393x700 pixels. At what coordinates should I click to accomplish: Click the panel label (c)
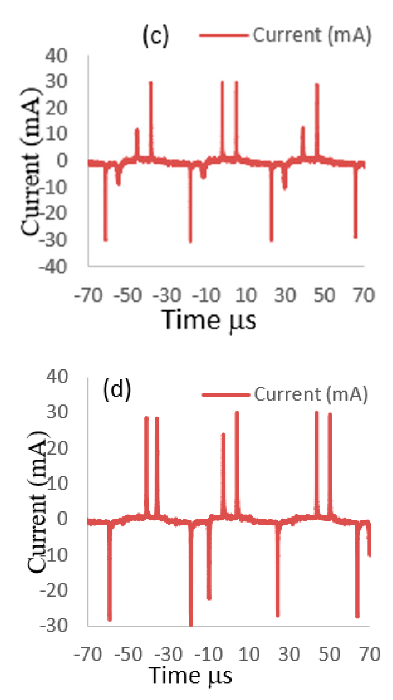pos(156,36)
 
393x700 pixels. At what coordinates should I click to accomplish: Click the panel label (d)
pos(117,389)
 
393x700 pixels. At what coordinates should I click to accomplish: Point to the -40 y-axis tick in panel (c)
pos(53,267)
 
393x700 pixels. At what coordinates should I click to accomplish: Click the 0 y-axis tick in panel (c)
pos(62,160)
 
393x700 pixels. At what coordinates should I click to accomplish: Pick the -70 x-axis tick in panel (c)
pos(88,295)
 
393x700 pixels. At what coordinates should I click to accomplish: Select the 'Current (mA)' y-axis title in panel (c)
pos(30,162)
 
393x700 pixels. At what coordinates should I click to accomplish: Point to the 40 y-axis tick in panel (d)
pos(57,377)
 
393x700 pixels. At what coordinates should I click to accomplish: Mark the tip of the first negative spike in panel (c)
pos(106,239)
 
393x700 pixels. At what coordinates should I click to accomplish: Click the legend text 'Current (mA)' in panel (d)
pos(311,394)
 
